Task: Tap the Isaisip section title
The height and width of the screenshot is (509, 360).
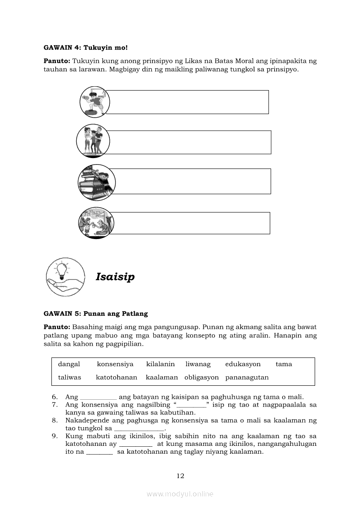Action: click(115, 277)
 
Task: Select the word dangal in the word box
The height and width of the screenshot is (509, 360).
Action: click(69, 364)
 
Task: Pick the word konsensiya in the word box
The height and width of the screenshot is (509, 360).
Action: click(115, 364)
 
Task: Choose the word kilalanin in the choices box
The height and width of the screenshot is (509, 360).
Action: click(160, 364)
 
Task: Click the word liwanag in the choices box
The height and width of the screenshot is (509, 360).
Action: click(198, 364)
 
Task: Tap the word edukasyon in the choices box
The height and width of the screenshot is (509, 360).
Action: click(243, 364)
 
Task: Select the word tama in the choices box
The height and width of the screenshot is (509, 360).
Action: click(284, 364)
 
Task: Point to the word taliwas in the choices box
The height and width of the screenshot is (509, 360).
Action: click(69, 378)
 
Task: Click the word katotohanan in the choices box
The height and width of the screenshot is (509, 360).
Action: click(116, 378)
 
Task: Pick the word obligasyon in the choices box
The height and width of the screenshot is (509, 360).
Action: click(201, 378)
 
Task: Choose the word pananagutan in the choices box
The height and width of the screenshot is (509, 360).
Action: click(247, 378)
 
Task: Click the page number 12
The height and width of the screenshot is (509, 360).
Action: click(180, 476)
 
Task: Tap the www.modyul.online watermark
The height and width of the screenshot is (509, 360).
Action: click(180, 494)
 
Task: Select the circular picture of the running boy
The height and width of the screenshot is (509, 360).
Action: click(93, 101)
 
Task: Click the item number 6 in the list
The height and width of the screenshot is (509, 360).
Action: click(54, 397)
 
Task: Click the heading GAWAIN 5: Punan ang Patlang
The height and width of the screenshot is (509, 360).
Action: click(95, 313)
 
